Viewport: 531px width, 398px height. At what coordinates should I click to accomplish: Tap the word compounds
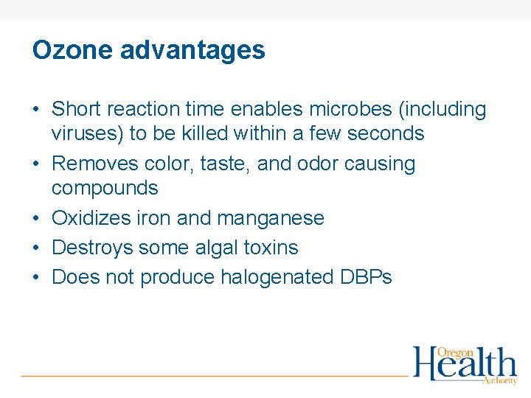tap(105, 188)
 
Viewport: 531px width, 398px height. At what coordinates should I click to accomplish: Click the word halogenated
tap(274, 278)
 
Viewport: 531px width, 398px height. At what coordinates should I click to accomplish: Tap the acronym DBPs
tap(367, 278)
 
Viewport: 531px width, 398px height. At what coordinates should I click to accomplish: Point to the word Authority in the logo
tap(500, 380)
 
